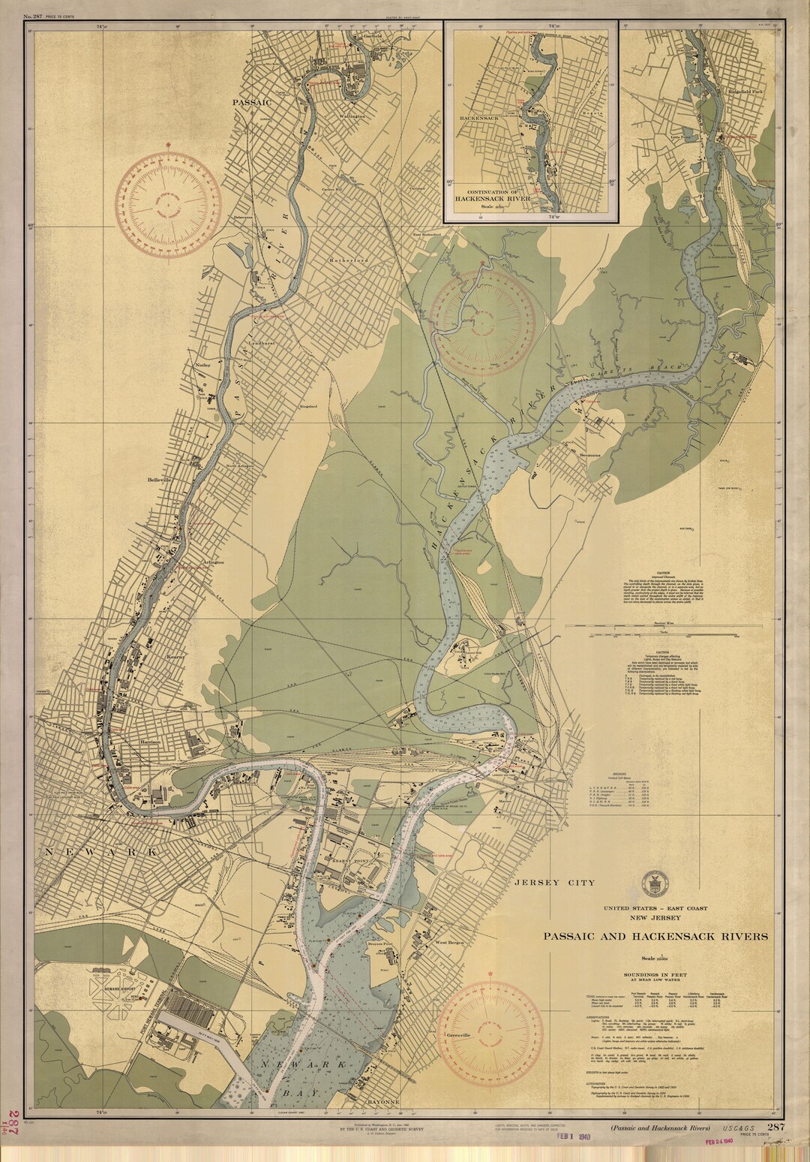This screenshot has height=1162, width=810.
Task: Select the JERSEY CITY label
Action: [555, 883]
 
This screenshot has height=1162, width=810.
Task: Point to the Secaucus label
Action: [591, 456]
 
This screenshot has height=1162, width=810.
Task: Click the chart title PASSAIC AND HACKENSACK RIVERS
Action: [655, 936]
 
